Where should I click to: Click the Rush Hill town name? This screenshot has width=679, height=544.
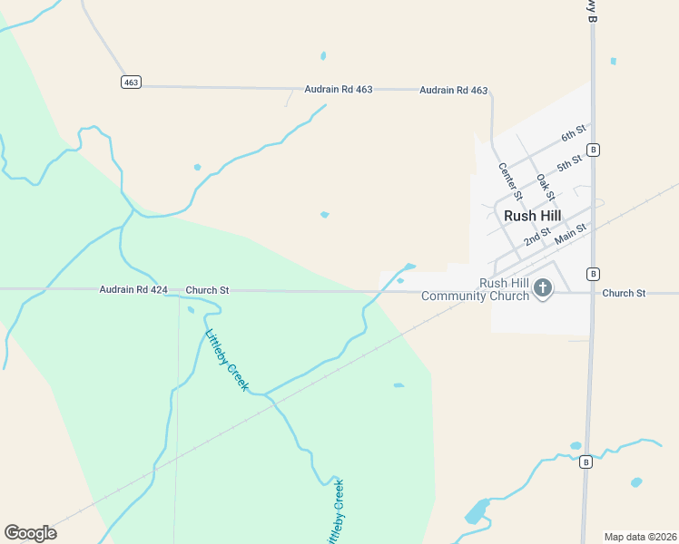532,216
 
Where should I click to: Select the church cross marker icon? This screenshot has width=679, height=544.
543,289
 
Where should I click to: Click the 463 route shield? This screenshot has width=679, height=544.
131,82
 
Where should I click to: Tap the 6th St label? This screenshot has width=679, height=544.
573,134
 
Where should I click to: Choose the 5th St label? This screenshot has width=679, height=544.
569,163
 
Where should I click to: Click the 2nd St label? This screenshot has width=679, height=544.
538,238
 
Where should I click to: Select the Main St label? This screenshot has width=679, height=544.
571,233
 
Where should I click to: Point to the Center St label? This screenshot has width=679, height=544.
511,180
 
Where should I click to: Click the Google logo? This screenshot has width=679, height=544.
30,533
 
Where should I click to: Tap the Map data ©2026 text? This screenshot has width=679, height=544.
640,537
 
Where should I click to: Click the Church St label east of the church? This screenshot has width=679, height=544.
623,293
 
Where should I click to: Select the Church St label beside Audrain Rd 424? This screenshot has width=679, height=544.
207,290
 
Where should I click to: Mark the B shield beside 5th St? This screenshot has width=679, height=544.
593,150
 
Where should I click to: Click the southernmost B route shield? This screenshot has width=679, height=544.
586,462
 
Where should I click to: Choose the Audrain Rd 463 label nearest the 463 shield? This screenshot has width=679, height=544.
339,90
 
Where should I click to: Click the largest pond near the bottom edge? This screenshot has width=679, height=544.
477,511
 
